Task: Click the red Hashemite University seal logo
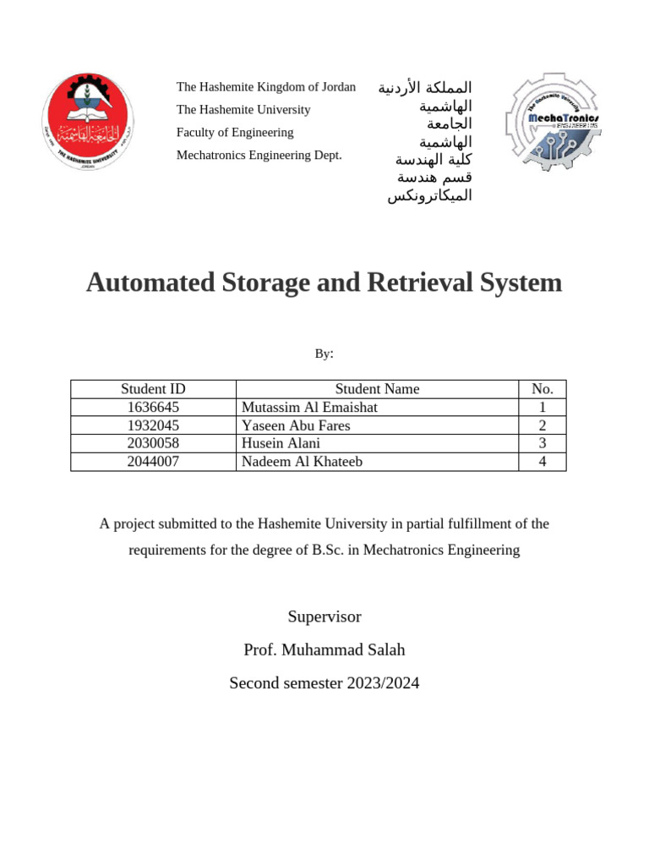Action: pyautogui.click(x=88, y=121)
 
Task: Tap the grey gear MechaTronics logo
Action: pyautogui.click(x=552, y=122)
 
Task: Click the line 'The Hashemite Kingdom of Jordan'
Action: pyautogui.click(x=265, y=87)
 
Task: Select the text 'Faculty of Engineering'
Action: pyautogui.click(x=234, y=132)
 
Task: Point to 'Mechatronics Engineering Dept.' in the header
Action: pyautogui.click(x=259, y=155)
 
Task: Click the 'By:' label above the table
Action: pyautogui.click(x=324, y=354)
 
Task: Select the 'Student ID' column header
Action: pyautogui.click(x=153, y=389)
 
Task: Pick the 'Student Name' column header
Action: pyautogui.click(x=377, y=389)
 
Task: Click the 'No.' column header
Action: pyautogui.click(x=542, y=389)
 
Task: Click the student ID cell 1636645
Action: pyautogui.click(x=153, y=408)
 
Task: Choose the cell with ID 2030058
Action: pyautogui.click(x=153, y=443)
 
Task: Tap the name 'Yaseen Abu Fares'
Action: pyautogui.click(x=296, y=425)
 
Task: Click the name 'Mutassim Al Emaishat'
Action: pyautogui.click(x=309, y=408)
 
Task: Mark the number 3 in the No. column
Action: pyautogui.click(x=542, y=443)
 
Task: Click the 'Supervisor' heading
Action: pyautogui.click(x=324, y=617)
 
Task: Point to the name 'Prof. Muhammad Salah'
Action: pyautogui.click(x=324, y=649)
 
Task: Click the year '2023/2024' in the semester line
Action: pyautogui.click(x=383, y=682)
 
